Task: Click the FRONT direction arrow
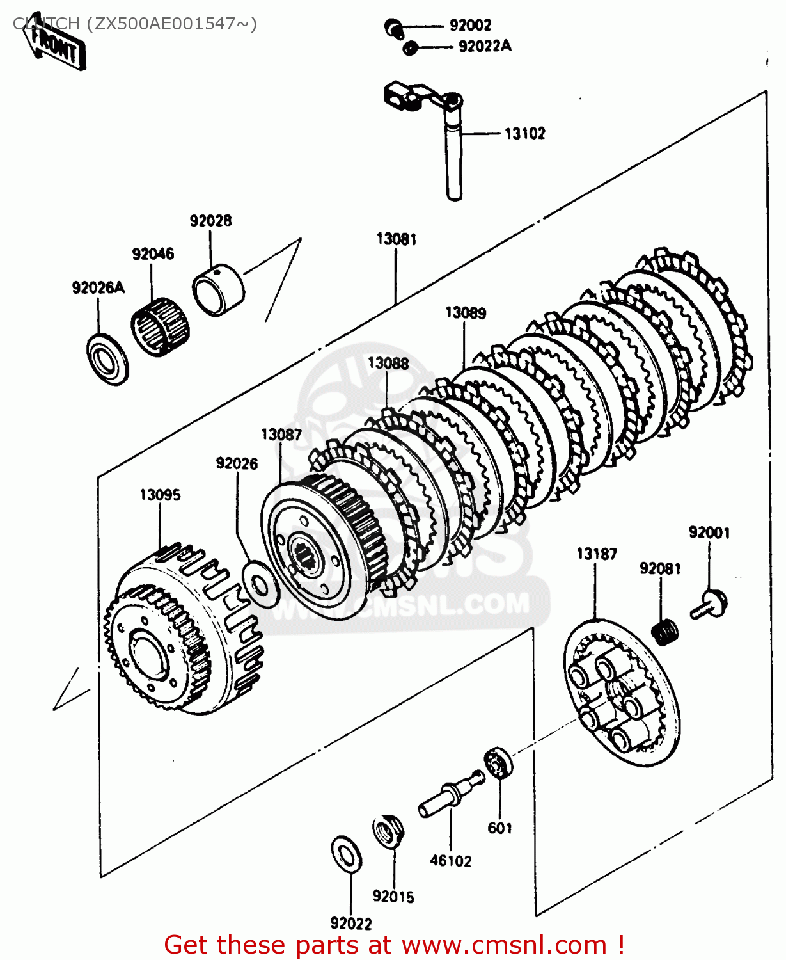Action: (x=54, y=47)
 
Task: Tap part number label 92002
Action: (x=470, y=26)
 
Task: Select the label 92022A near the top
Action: (x=485, y=46)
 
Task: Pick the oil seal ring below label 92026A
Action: (x=107, y=358)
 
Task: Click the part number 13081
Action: (x=397, y=239)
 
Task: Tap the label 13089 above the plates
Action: (x=466, y=313)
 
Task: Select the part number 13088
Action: (x=388, y=364)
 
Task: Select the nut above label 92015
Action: (x=388, y=832)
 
